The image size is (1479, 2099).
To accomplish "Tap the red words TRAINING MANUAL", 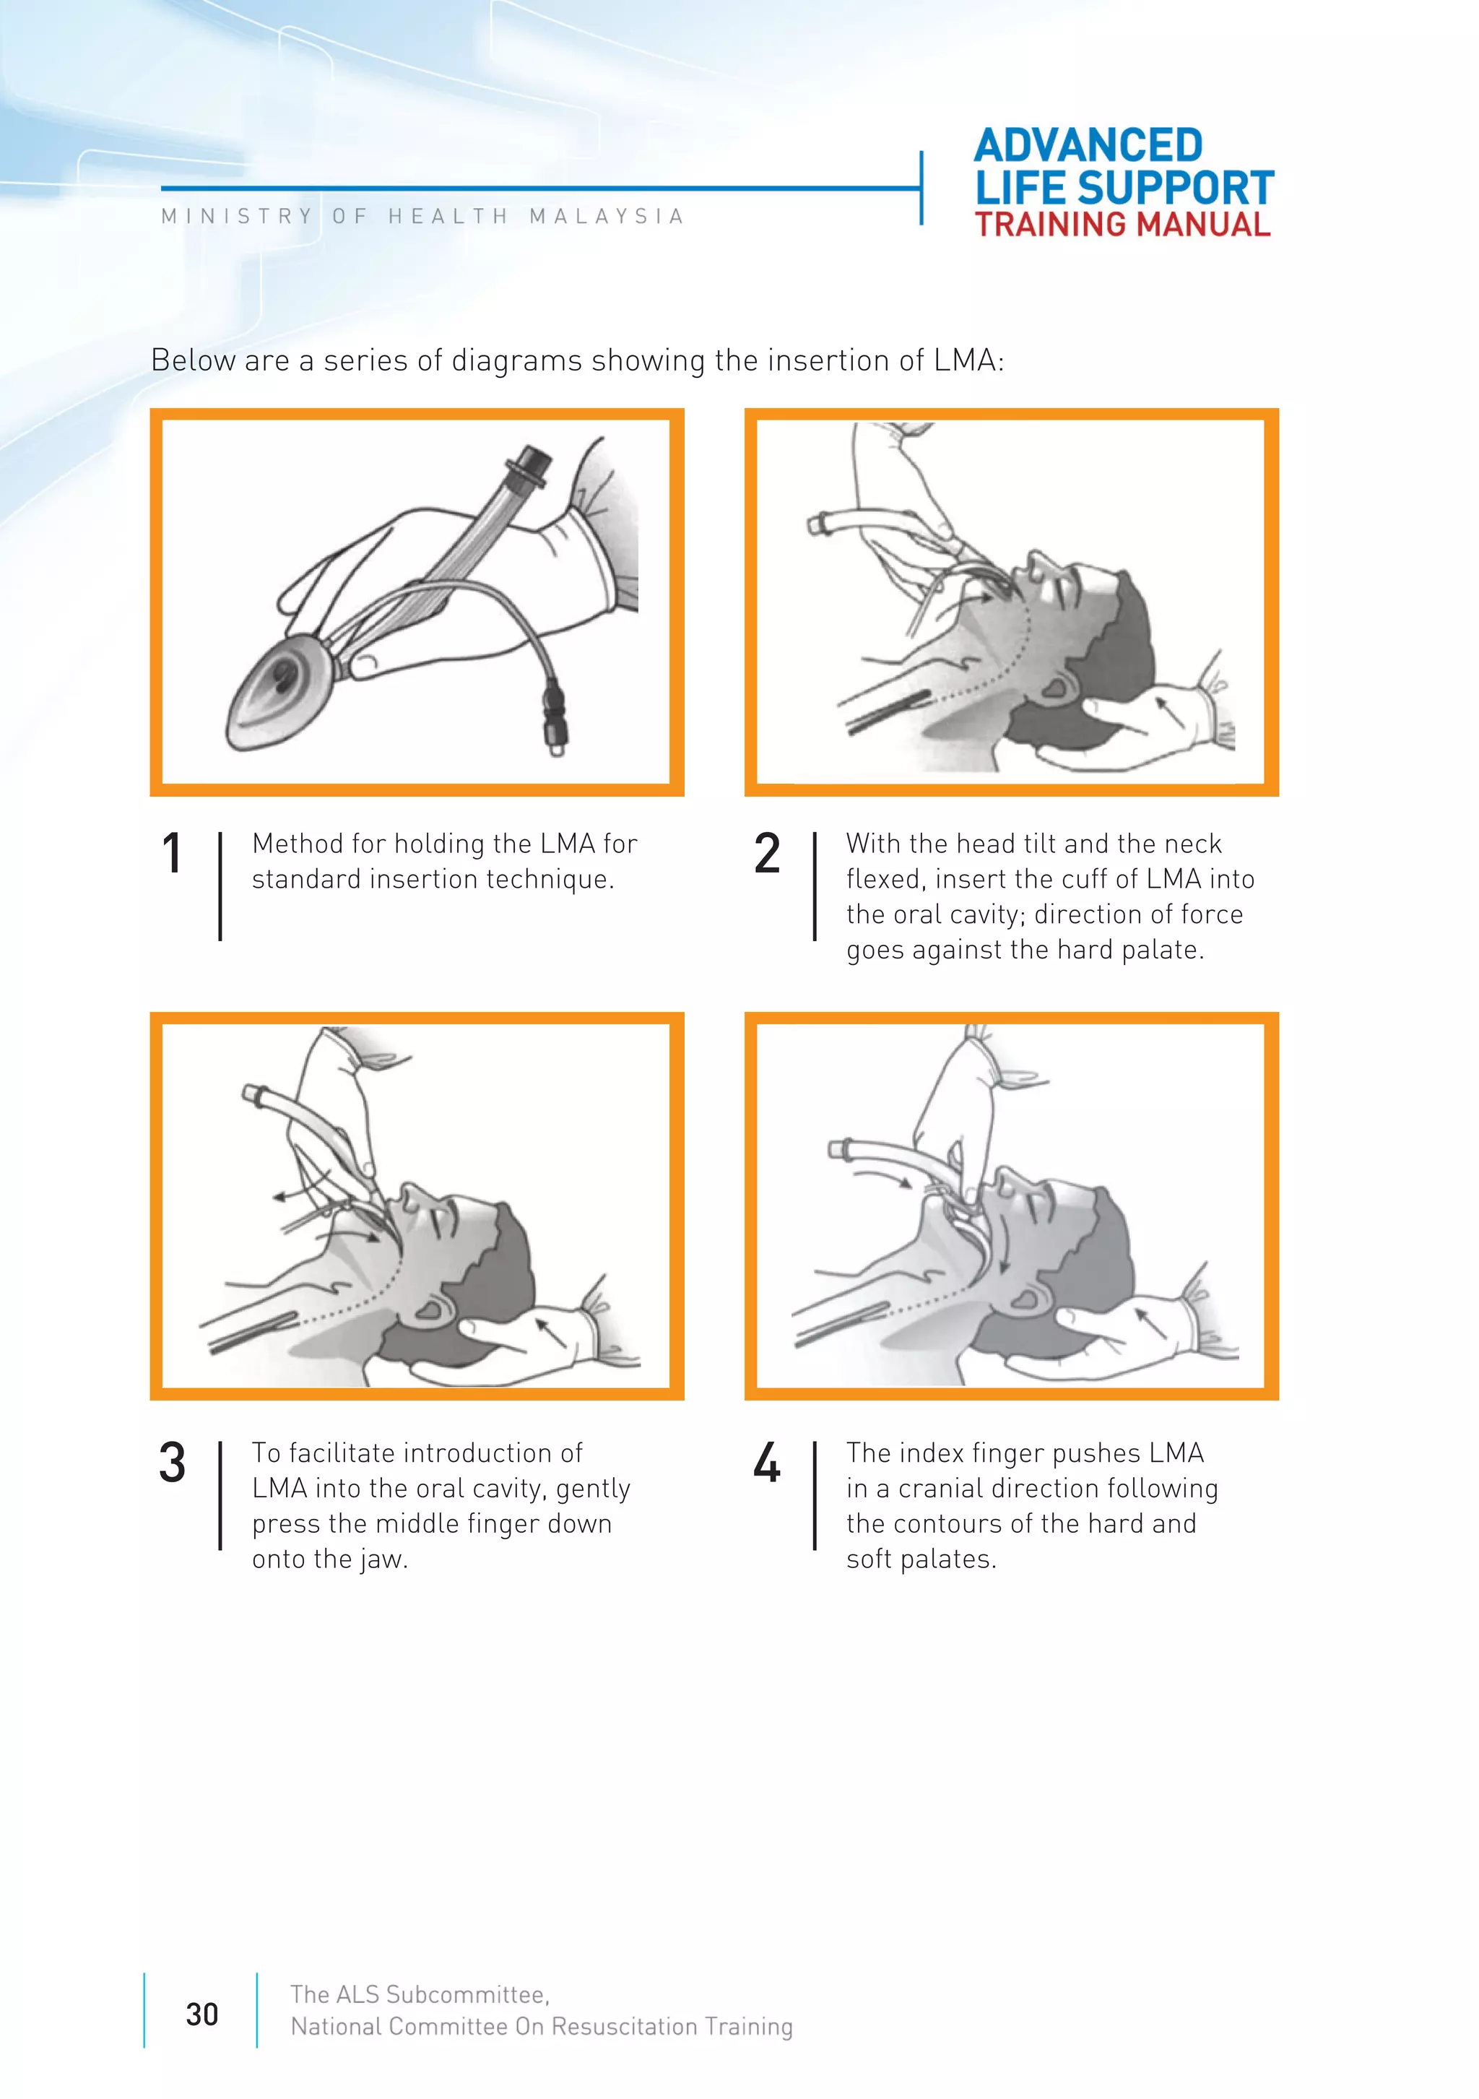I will click(1122, 225).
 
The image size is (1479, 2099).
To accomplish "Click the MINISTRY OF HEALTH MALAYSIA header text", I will click(422, 217).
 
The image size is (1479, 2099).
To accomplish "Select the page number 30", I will click(202, 2014).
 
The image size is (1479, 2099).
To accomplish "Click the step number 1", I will click(172, 853).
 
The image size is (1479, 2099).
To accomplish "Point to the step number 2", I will click(767, 853).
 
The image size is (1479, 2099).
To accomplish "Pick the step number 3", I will click(172, 1462).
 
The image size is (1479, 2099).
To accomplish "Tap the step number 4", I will click(767, 1462).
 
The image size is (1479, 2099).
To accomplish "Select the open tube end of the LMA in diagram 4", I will click(837, 1150).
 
